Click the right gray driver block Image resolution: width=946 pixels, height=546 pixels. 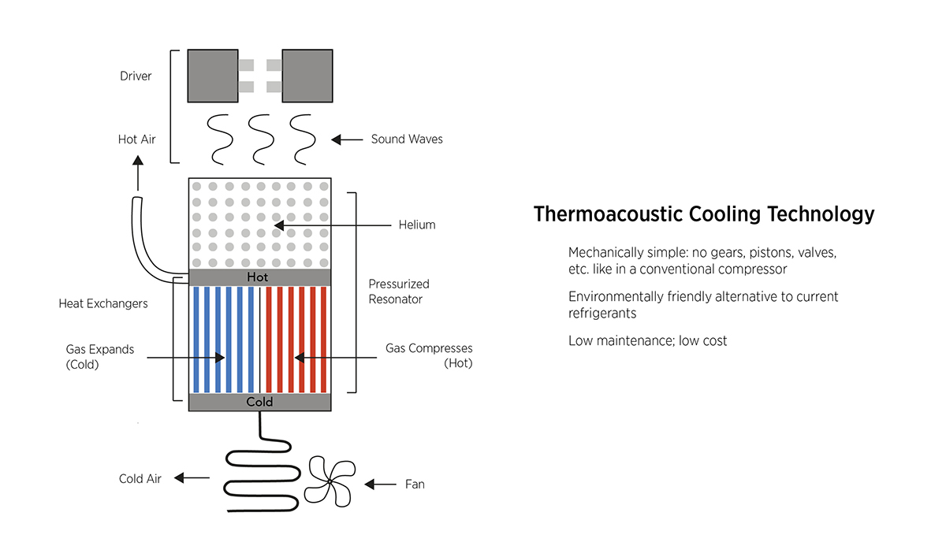point(307,76)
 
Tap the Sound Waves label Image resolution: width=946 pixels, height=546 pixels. point(407,139)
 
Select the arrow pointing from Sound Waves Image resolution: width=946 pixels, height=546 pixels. point(346,139)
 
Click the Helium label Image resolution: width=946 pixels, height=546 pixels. point(417,225)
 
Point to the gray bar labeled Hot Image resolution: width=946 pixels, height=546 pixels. point(259,277)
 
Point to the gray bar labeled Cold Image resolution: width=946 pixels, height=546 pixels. point(259,402)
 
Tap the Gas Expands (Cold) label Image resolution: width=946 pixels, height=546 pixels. point(99,356)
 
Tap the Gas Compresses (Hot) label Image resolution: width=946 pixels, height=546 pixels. point(429,356)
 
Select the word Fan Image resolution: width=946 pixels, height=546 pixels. point(415,484)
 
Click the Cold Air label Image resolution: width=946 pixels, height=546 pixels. point(140,479)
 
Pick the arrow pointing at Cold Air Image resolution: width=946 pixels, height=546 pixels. point(192,478)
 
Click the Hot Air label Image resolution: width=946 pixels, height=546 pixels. point(137,139)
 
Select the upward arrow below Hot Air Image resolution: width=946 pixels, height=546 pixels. point(138,174)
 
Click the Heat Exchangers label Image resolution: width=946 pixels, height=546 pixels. point(103,303)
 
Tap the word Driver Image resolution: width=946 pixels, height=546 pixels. point(135,76)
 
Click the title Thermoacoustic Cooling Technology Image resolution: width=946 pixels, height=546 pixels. point(703,214)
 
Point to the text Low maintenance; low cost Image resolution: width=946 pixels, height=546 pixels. point(647,341)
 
